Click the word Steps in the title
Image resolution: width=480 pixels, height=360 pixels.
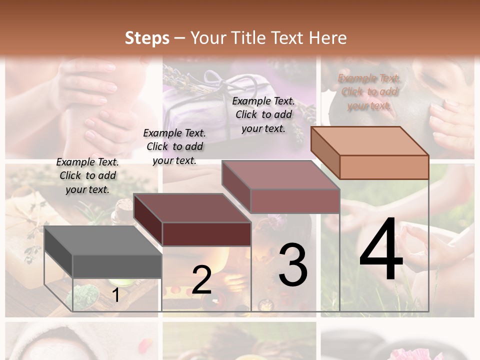[147, 37]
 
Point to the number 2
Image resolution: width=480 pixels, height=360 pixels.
[201, 280]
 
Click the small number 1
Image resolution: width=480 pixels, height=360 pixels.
[115, 295]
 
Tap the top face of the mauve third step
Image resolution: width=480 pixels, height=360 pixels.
[280, 175]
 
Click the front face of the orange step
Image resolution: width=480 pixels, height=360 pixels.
[384, 167]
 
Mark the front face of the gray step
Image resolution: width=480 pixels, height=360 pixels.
[117, 266]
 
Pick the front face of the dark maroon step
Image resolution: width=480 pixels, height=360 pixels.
[206, 234]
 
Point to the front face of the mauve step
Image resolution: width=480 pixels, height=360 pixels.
[295, 201]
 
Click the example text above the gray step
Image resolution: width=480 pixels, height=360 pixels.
[87, 175]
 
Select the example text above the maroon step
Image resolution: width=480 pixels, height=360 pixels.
[174, 146]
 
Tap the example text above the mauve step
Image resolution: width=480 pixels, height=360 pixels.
[263, 114]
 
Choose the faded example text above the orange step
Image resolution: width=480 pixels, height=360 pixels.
[369, 91]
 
